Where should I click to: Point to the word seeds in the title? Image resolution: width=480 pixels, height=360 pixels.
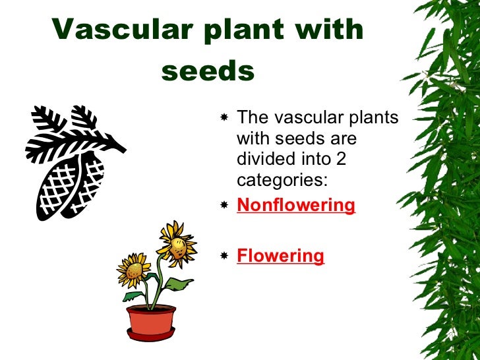click(208, 71)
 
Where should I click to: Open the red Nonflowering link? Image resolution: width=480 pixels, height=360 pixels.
click(295, 205)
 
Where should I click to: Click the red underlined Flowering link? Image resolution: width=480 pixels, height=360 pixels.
click(280, 255)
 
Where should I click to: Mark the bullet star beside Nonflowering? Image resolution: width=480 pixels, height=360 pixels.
click(224, 206)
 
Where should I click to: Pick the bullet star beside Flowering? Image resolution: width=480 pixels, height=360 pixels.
click(224, 256)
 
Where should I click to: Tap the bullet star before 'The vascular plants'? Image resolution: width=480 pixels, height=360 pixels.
click(224, 118)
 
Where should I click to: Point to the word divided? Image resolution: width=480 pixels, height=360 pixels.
click(261, 160)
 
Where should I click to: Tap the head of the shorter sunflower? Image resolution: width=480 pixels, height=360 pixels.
click(133, 269)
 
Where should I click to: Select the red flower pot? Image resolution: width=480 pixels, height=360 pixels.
click(151, 318)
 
